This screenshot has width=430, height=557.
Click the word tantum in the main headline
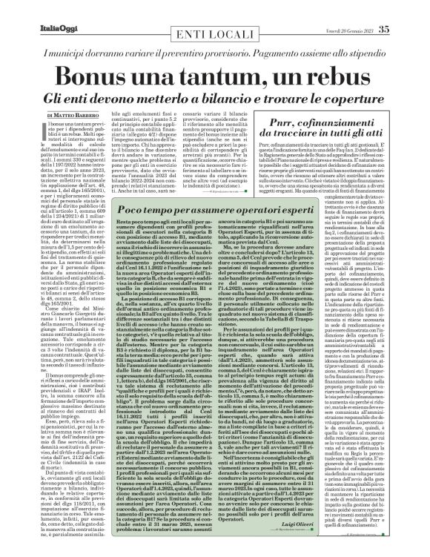click(x=230, y=74)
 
